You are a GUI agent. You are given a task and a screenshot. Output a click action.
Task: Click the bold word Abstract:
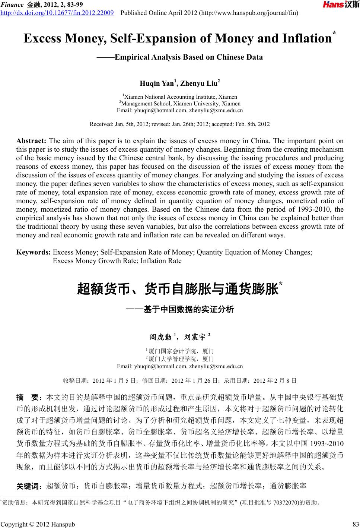coord(31,141)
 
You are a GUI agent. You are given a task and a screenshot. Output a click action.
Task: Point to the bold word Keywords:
coord(34,252)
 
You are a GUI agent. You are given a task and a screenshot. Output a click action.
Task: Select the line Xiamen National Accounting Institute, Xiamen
coord(180,97)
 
